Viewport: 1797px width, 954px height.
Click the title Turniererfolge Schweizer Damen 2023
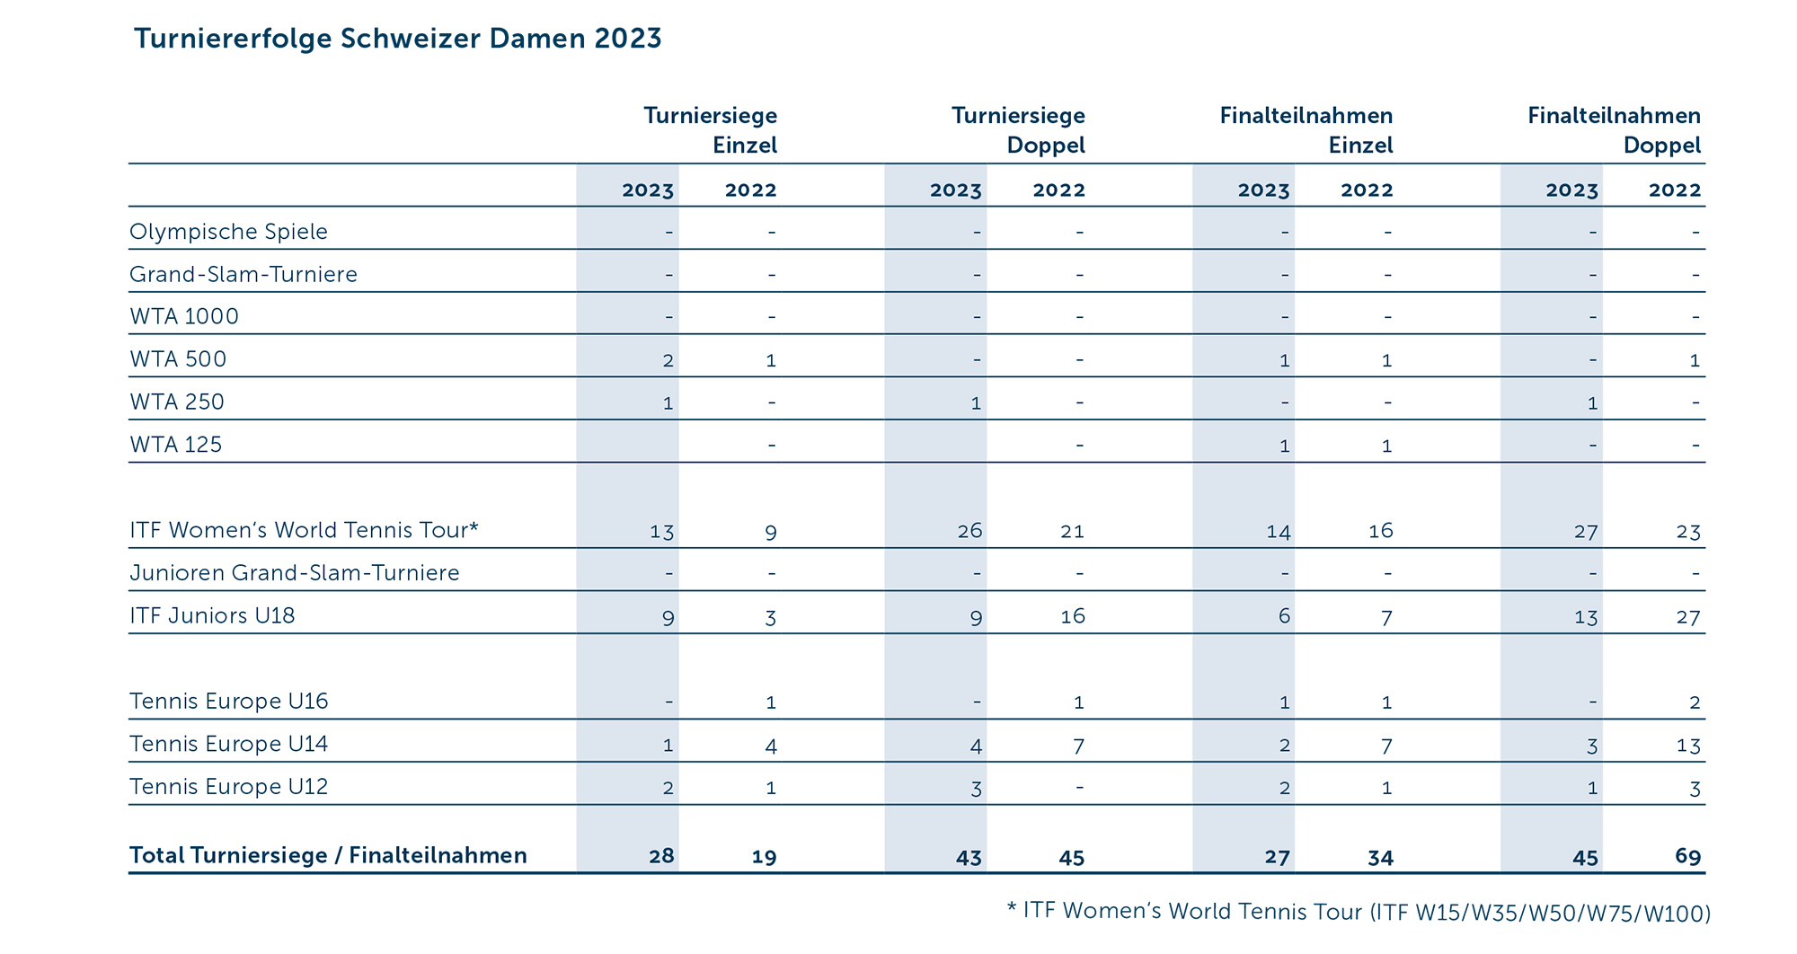(x=397, y=39)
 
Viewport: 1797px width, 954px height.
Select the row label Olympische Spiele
(x=228, y=232)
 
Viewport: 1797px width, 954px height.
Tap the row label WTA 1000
(x=184, y=316)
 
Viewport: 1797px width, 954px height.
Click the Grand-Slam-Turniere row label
(x=243, y=274)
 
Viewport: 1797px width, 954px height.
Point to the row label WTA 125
(x=176, y=445)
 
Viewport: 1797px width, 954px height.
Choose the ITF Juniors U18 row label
(x=212, y=615)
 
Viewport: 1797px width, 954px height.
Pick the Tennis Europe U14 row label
(x=229, y=744)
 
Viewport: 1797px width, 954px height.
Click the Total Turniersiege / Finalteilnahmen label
(x=328, y=855)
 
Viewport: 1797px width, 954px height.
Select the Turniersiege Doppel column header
(x=1018, y=130)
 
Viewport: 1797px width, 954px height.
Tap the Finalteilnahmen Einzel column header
(x=1306, y=130)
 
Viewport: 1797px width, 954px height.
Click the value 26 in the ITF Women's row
(x=969, y=531)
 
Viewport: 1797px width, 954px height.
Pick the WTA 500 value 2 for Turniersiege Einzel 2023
(x=668, y=360)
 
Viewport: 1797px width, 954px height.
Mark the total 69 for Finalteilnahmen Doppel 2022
(x=1687, y=856)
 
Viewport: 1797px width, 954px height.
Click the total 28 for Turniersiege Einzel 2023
(x=661, y=856)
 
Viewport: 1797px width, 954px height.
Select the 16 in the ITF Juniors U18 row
(x=1073, y=616)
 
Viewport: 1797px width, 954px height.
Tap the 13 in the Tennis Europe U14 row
(x=1688, y=746)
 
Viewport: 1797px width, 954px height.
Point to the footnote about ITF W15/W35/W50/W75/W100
(x=1358, y=912)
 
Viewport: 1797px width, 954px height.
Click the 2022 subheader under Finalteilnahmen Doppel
(x=1675, y=190)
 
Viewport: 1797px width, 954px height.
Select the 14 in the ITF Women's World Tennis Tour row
(x=1278, y=532)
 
